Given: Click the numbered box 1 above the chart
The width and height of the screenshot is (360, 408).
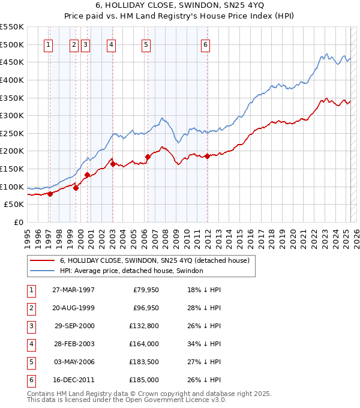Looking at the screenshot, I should [x=48, y=44].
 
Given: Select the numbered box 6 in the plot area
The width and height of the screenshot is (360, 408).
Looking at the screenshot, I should [x=205, y=44].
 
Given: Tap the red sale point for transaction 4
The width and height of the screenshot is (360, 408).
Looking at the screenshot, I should [x=113, y=163].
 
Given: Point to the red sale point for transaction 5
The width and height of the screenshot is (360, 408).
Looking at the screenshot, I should [x=147, y=157].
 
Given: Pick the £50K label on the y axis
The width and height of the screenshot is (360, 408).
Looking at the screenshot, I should [x=14, y=205].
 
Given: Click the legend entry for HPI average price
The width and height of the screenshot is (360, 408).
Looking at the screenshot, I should [x=131, y=271].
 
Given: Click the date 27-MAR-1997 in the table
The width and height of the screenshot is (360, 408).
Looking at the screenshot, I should [x=73, y=290].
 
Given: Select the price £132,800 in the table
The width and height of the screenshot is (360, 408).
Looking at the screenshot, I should [x=143, y=326].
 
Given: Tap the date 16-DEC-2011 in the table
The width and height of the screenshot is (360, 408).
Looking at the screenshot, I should [x=73, y=380].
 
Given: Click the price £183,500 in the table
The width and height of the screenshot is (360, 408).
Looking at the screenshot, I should [x=143, y=362].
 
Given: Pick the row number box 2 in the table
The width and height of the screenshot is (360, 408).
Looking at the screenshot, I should [x=31, y=308].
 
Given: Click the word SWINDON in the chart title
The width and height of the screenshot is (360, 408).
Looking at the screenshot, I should [x=196, y=7].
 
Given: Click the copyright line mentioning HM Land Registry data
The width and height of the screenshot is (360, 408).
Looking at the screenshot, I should [x=149, y=394].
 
